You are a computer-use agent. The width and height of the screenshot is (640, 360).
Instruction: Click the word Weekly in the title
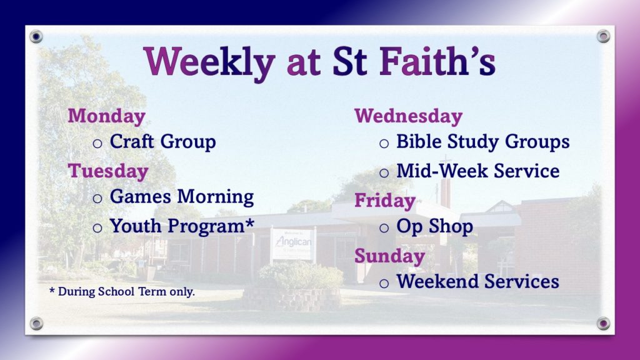(209, 62)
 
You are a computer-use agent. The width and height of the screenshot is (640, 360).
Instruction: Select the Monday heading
(106, 116)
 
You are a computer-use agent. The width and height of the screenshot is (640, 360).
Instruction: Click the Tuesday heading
(108, 171)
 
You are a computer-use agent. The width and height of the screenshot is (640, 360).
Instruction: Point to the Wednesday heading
(409, 116)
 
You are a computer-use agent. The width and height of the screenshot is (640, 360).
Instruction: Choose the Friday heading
(385, 201)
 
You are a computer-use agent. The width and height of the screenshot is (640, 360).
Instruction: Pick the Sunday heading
(390, 256)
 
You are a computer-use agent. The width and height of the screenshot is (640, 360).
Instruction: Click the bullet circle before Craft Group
(97, 143)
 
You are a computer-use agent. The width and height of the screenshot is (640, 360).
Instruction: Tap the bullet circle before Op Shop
(384, 227)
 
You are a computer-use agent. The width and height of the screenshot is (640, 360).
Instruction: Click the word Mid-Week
(442, 171)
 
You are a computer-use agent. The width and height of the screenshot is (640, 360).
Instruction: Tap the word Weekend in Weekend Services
(437, 281)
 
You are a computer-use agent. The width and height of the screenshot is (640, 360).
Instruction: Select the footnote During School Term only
(126, 291)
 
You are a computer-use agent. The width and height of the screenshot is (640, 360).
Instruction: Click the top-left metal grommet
(36, 37)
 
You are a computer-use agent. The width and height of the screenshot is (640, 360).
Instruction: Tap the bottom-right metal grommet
(603, 323)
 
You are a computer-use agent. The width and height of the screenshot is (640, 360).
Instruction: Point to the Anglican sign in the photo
(292, 244)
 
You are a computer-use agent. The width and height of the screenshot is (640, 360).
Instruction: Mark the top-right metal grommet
(603, 36)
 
